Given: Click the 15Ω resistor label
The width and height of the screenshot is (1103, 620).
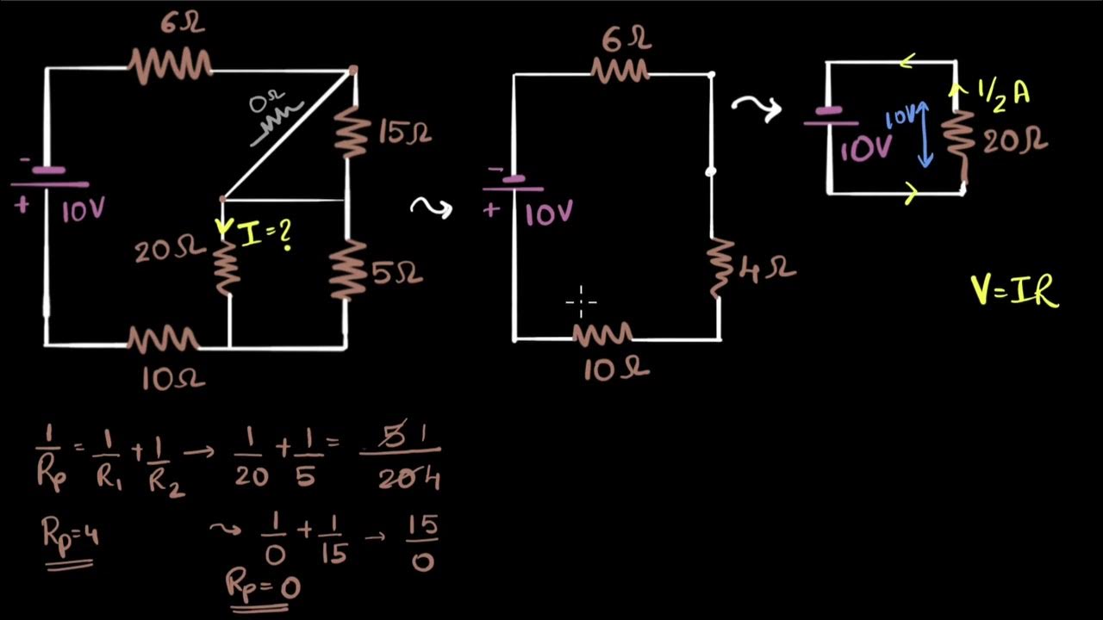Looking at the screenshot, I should [404, 132].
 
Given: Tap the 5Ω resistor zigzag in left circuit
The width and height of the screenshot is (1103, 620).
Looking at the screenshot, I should [348, 270].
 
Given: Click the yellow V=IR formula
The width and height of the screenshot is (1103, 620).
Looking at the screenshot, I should [1014, 288].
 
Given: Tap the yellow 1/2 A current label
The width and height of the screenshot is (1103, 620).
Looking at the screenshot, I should [1003, 92].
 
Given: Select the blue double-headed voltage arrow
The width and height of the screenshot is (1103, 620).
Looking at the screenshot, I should [925, 134].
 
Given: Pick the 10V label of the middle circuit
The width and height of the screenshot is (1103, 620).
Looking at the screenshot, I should [549, 213].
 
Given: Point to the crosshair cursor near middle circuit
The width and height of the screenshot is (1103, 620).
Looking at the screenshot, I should [582, 302].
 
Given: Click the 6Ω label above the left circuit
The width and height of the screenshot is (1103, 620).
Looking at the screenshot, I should [182, 23].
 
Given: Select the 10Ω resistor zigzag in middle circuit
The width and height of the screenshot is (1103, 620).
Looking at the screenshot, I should [604, 335].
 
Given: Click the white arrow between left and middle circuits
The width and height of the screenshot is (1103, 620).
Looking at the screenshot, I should [431, 208].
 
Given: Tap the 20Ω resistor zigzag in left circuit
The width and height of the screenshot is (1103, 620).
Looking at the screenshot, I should [226, 268].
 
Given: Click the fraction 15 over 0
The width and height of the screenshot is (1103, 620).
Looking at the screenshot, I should [422, 543].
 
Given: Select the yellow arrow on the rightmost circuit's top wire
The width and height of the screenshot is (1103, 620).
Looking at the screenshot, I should [907, 62].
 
